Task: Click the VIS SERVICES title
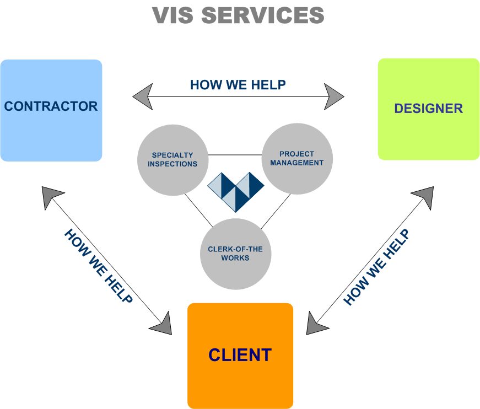point(239,15)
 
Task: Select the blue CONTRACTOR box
point(51,110)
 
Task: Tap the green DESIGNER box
point(428,109)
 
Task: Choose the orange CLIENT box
point(240,355)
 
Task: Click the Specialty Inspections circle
point(172,160)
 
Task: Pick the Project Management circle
point(296,158)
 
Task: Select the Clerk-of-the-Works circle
point(235,254)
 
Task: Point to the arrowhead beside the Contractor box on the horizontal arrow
point(142,97)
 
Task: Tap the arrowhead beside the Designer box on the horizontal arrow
point(334,96)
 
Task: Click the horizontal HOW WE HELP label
point(238,85)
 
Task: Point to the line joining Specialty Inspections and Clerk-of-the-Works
point(198,210)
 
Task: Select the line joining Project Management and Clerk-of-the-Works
point(276,210)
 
